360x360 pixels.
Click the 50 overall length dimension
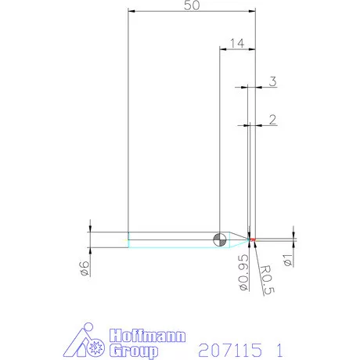[x=192, y=5]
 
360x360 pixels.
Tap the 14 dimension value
[x=237, y=43]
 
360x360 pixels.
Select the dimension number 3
[x=272, y=81]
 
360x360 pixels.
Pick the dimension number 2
[x=272, y=120]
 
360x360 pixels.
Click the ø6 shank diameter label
[x=85, y=268]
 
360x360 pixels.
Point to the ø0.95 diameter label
[x=243, y=272]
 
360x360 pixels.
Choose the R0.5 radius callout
[x=268, y=280]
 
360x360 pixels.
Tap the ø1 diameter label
[x=288, y=260]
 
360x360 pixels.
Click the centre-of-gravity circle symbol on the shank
[x=220, y=239]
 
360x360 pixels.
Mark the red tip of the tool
[x=253, y=239]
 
